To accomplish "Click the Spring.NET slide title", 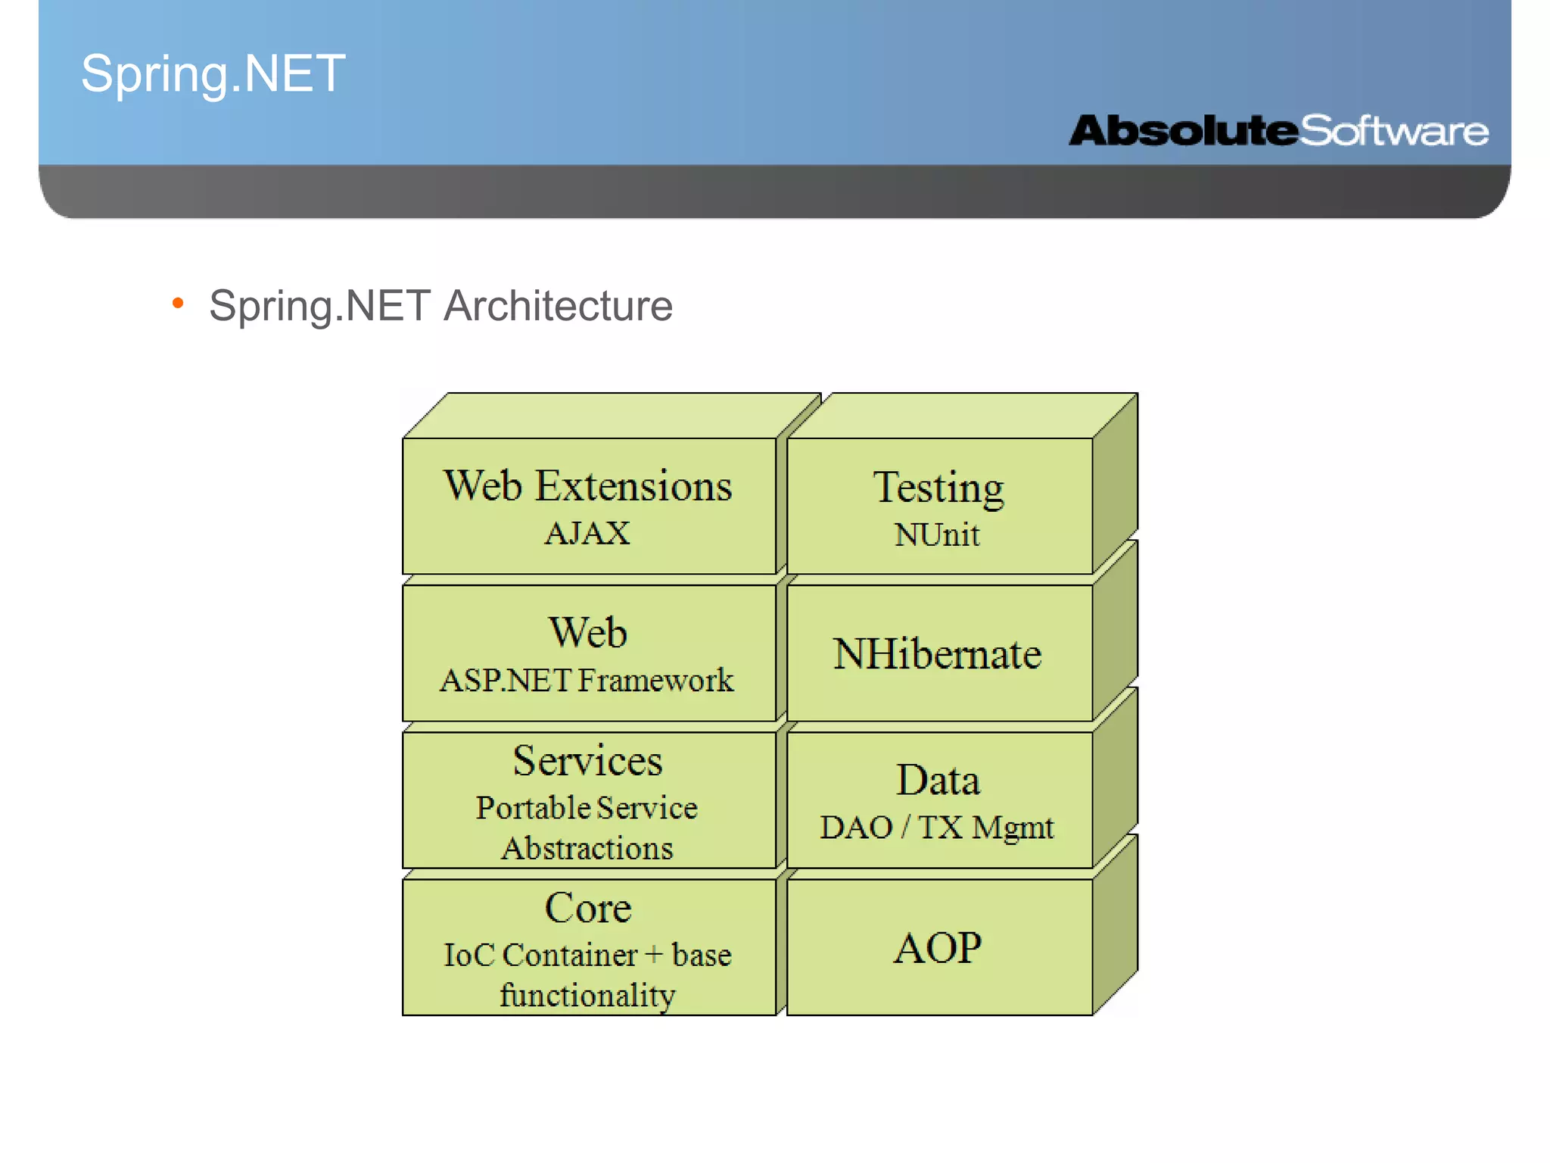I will click(213, 74).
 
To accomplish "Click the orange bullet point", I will click(178, 304).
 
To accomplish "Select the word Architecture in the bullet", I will click(558, 306).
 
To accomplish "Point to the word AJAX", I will click(587, 533).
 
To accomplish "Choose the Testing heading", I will click(938, 488).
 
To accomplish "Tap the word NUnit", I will click(937, 535).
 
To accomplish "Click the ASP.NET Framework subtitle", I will click(587, 680).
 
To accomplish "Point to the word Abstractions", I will click(587, 848).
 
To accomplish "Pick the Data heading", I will click(938, 781).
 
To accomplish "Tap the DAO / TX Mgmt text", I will click(937, 828).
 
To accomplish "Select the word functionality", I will click(587, 995).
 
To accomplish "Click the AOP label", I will click(937, 947).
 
